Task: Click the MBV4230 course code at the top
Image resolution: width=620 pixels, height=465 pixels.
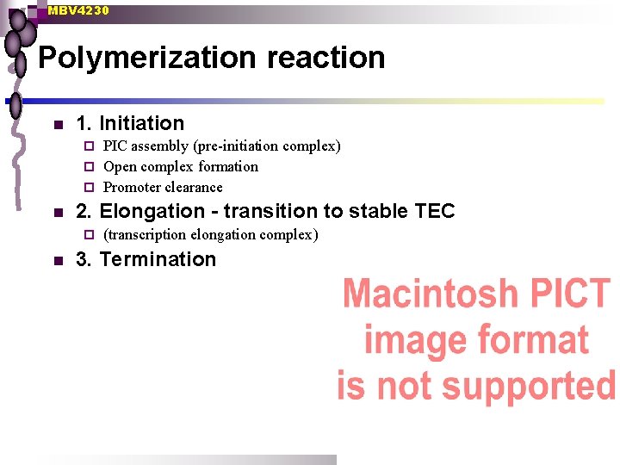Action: point(78,10)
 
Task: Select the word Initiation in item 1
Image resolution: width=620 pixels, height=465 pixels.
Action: point(142,124)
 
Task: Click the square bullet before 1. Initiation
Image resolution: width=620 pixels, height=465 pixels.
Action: point(57,125)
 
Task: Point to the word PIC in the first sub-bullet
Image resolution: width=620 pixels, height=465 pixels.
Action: point(115,146)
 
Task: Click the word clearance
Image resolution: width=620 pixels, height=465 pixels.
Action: point(194,187)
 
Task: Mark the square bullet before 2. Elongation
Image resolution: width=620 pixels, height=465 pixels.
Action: point(57,212)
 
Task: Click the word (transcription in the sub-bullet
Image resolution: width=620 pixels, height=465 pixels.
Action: point(145,234)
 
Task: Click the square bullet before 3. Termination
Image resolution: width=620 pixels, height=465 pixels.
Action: point(57,260)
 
